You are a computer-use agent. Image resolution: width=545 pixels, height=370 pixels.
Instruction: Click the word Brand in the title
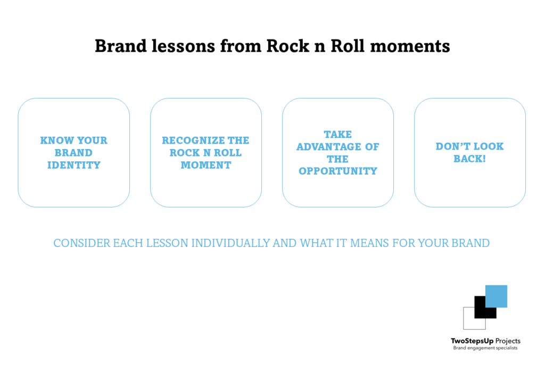[115, 46]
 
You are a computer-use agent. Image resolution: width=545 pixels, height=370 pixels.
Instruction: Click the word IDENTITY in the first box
[73, 165]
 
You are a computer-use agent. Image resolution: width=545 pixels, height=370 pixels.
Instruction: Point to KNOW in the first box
[55, 141]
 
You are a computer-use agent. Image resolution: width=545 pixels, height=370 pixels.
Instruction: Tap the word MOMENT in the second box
[205, 165]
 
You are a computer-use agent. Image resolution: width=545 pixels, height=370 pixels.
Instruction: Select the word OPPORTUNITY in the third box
[338, 171]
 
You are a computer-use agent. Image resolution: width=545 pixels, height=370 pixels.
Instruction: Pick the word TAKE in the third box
[338, 134]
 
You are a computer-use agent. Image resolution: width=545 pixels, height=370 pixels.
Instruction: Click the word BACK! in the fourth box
[469, 159]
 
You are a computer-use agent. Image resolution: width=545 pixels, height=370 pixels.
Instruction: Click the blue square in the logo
[496, 296]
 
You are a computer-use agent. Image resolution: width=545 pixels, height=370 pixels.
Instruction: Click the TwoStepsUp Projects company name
[485, 341]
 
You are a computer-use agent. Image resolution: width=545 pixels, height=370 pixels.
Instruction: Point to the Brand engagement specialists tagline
[485, 348]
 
